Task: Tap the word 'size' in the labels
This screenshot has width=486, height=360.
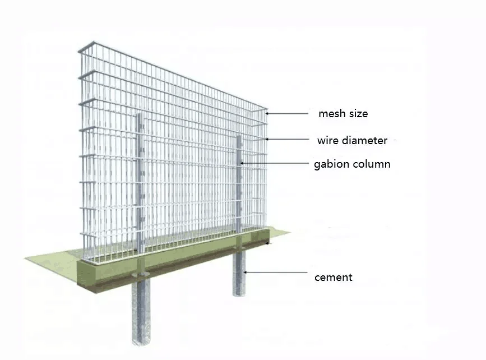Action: pyautogui.click(x=358, y=114)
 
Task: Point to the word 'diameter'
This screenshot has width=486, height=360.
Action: pyautogui.click(x=365, y=140)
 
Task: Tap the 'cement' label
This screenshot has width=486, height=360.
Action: pyautogui.click(x=333, y=277)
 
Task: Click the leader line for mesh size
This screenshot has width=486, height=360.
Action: pyautogui.click(x=289, y=114)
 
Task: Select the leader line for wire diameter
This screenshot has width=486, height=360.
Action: pyautogui.click(x=289, y=140)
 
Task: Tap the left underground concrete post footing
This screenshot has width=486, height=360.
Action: pyautogui.click(x=141, y=311)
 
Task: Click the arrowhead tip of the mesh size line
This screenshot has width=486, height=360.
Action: pyautogui.click(x=267, y=114)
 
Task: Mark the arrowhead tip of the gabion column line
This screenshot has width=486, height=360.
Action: pyautogui.click(x=242, y=164)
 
